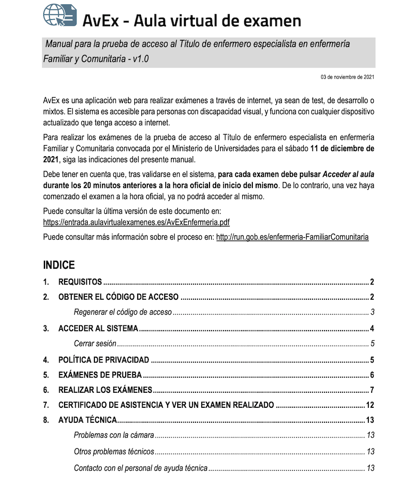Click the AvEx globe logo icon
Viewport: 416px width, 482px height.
coord(60,15)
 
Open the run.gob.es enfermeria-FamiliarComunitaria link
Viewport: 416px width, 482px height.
coord(292,237)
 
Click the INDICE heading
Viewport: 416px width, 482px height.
coord(59,265)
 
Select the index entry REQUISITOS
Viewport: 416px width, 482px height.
coord(80,282)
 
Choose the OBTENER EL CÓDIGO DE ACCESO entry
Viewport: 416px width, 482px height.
coord(118,297)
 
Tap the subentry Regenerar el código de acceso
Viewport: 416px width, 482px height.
coord(123,312)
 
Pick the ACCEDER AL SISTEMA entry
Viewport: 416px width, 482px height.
coord(98,329)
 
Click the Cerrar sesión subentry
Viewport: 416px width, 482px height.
coord(95,344)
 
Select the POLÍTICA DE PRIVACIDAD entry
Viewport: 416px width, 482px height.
coord(104,360)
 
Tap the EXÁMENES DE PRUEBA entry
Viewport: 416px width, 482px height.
coord(100,375)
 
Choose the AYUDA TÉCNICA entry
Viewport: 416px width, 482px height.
coord(88,420)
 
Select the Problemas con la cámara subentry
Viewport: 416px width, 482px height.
coord(114,435)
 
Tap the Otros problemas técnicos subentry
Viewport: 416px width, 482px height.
coord(114,452)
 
